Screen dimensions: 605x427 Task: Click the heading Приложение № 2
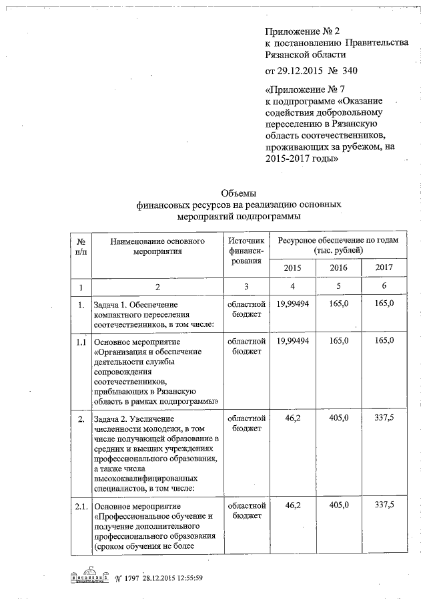click(298, 31)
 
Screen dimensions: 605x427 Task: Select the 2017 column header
click(384, 267)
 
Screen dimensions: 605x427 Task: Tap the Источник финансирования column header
click(246, 250)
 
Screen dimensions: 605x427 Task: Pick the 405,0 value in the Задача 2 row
click(339, 419)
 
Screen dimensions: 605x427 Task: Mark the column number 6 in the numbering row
click(384, 286)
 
